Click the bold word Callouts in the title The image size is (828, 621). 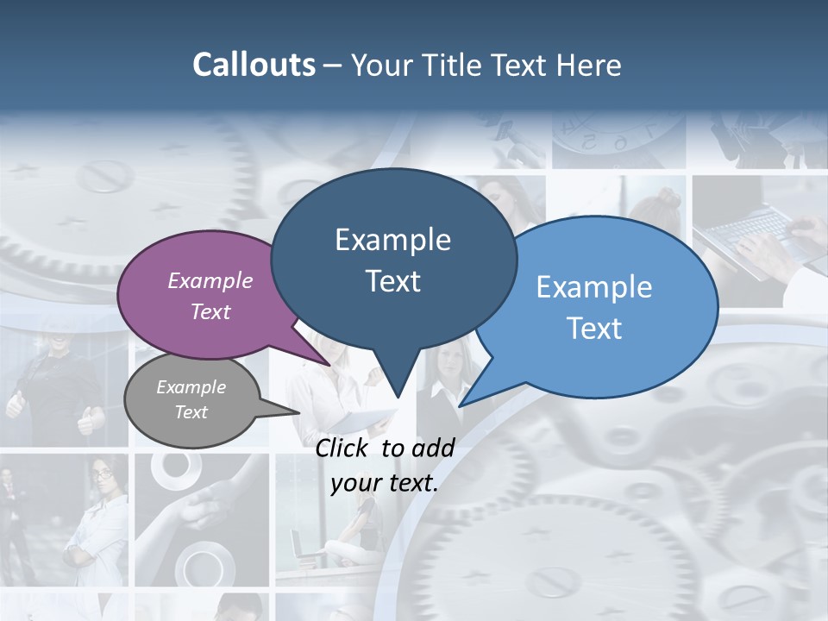[x=254, y=65]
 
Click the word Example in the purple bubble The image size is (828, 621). [x=210, y=280]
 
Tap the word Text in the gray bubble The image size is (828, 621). [x=191, y=412]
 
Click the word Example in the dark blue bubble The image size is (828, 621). [x=392, y=240]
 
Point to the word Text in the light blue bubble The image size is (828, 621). [x=594, y=329]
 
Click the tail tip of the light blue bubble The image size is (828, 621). [x=461, y=405]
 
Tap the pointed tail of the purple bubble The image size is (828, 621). [x=330, y=365]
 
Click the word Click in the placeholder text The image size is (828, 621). [x=343, y=448]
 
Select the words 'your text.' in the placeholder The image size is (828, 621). [x=385, y=483]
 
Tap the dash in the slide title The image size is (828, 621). [x=333, y=66]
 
